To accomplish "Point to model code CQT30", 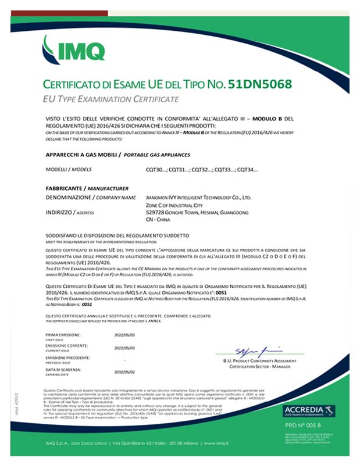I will tap(156, 169).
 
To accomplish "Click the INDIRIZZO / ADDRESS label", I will tap(69, 213).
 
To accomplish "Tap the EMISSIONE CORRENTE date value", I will tap(125, 347).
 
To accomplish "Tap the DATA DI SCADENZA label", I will tap(65, 370).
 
